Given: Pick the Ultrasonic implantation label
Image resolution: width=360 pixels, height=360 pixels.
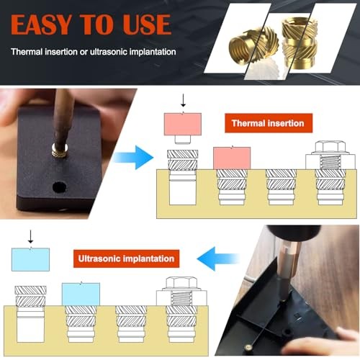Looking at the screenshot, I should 126,257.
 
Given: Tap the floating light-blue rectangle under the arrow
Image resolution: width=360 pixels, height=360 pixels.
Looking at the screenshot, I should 30,259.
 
